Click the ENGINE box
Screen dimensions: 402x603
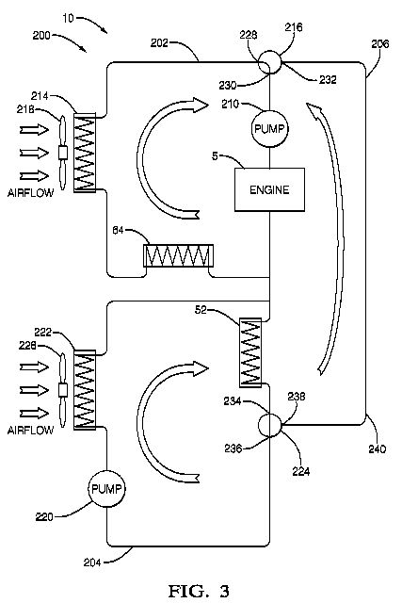[269, 189]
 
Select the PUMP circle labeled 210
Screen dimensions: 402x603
[270, 128]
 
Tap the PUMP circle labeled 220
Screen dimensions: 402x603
[106, 489]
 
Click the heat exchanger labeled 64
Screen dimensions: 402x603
[178, 255]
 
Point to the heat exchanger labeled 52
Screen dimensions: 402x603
[250, 351]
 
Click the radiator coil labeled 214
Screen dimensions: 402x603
[84, 153]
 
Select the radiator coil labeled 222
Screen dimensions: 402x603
[84, 389]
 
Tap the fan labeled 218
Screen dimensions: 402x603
[63, 153]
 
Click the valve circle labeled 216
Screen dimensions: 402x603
[270, 62]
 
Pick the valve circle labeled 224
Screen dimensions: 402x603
[269, 425]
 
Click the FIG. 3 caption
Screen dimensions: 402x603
[199, 591]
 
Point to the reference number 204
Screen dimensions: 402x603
[92, 562]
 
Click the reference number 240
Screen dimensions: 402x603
[377, 448]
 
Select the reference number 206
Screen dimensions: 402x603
[380, 44]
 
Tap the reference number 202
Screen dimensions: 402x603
[159, 42]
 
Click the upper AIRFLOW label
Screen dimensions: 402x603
[31, 192]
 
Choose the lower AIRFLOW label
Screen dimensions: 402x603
[31, 430]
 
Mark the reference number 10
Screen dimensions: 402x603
[68, 18]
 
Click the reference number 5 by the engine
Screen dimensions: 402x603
[215, 156]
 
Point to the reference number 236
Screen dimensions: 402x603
[233, 448]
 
